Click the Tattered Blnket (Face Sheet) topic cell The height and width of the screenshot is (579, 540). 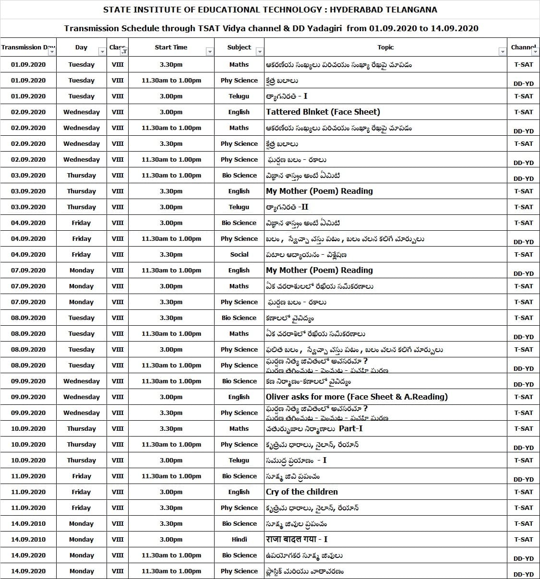click(323, 112)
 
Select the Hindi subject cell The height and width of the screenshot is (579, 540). click(239, 539)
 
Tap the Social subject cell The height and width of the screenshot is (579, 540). click(239, 254)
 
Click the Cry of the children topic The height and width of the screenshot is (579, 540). click(301, 492)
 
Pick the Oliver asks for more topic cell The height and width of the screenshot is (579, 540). click(356, 397)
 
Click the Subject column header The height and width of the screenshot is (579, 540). click(239, 47)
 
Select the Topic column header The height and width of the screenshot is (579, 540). click(385, 47)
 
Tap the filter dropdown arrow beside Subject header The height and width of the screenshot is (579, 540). click(260, 51)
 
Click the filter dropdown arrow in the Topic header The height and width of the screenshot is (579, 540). click(503, 51)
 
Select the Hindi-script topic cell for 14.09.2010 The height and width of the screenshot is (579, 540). click(296, 539)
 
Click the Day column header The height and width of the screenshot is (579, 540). click(81, 47)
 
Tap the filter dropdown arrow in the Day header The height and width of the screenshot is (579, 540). click(102, 51)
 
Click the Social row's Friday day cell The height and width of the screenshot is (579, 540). click(81, 254)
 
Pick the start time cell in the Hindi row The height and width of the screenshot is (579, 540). click(171, 539)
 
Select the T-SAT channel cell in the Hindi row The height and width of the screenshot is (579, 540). click(523, 539)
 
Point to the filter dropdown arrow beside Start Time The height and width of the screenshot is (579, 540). click(209, 51)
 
